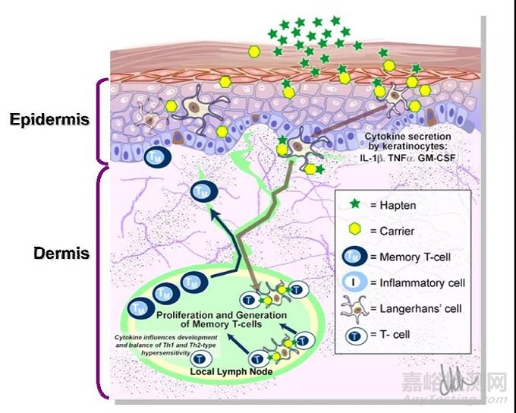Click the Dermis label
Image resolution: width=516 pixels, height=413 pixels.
point(61,253)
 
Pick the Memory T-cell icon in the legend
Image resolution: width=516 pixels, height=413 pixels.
point(354,257)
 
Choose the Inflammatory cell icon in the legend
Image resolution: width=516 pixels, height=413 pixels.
point(354,283)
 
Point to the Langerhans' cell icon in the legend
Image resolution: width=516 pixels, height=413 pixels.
point(354,309)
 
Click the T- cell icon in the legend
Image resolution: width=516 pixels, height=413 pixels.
point(354,335)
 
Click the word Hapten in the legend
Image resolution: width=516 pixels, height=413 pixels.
point(396,205)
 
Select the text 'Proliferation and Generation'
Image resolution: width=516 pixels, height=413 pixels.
point(221,314)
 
